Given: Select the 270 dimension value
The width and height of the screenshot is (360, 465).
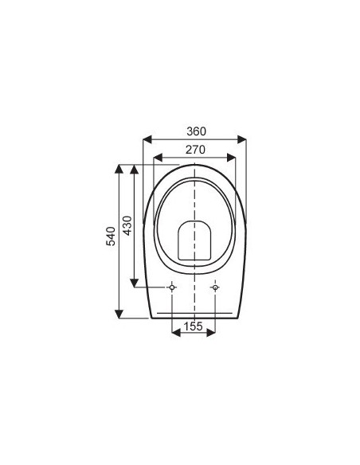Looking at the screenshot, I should click(x=195, y=149).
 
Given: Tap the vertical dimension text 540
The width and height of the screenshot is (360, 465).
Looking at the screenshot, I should click(x=112, y=236).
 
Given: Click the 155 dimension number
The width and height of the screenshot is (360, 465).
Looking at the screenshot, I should click(x=194, y=326).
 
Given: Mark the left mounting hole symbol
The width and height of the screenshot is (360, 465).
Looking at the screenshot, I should click(x=172, y=287).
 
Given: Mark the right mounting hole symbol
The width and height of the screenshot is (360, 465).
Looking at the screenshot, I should click(x=216, y=287).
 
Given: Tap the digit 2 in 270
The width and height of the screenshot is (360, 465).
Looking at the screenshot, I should click(x=187, y=149).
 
